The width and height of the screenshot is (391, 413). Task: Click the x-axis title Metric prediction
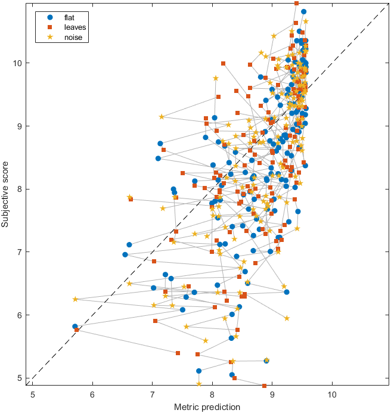pyautogui.click(x=207, y=407)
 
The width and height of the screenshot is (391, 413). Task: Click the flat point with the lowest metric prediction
pyautogui.click(x=75, y=327)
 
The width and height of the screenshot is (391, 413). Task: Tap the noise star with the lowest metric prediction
pyautogui.click(x=76, y=299)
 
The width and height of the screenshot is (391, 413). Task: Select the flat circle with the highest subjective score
pyautogui.click(x=303, y=11)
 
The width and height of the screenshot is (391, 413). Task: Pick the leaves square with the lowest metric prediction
pyautogui.click(x=77, y=330)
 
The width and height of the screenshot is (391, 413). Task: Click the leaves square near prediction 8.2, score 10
pyautogui.click(x=223, y=63)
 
